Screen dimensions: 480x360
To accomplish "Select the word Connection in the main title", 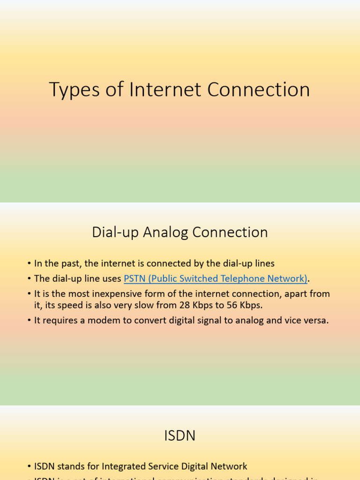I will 258,90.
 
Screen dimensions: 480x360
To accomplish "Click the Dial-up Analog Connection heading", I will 180,232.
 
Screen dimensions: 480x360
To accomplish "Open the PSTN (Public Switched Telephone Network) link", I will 215,279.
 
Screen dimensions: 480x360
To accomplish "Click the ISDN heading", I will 180,436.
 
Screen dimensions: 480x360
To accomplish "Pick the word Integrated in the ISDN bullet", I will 115,466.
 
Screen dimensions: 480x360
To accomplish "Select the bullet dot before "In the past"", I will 29,264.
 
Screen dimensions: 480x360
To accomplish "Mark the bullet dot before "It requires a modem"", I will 29,321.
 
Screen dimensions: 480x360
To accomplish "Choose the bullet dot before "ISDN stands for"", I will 29,467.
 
